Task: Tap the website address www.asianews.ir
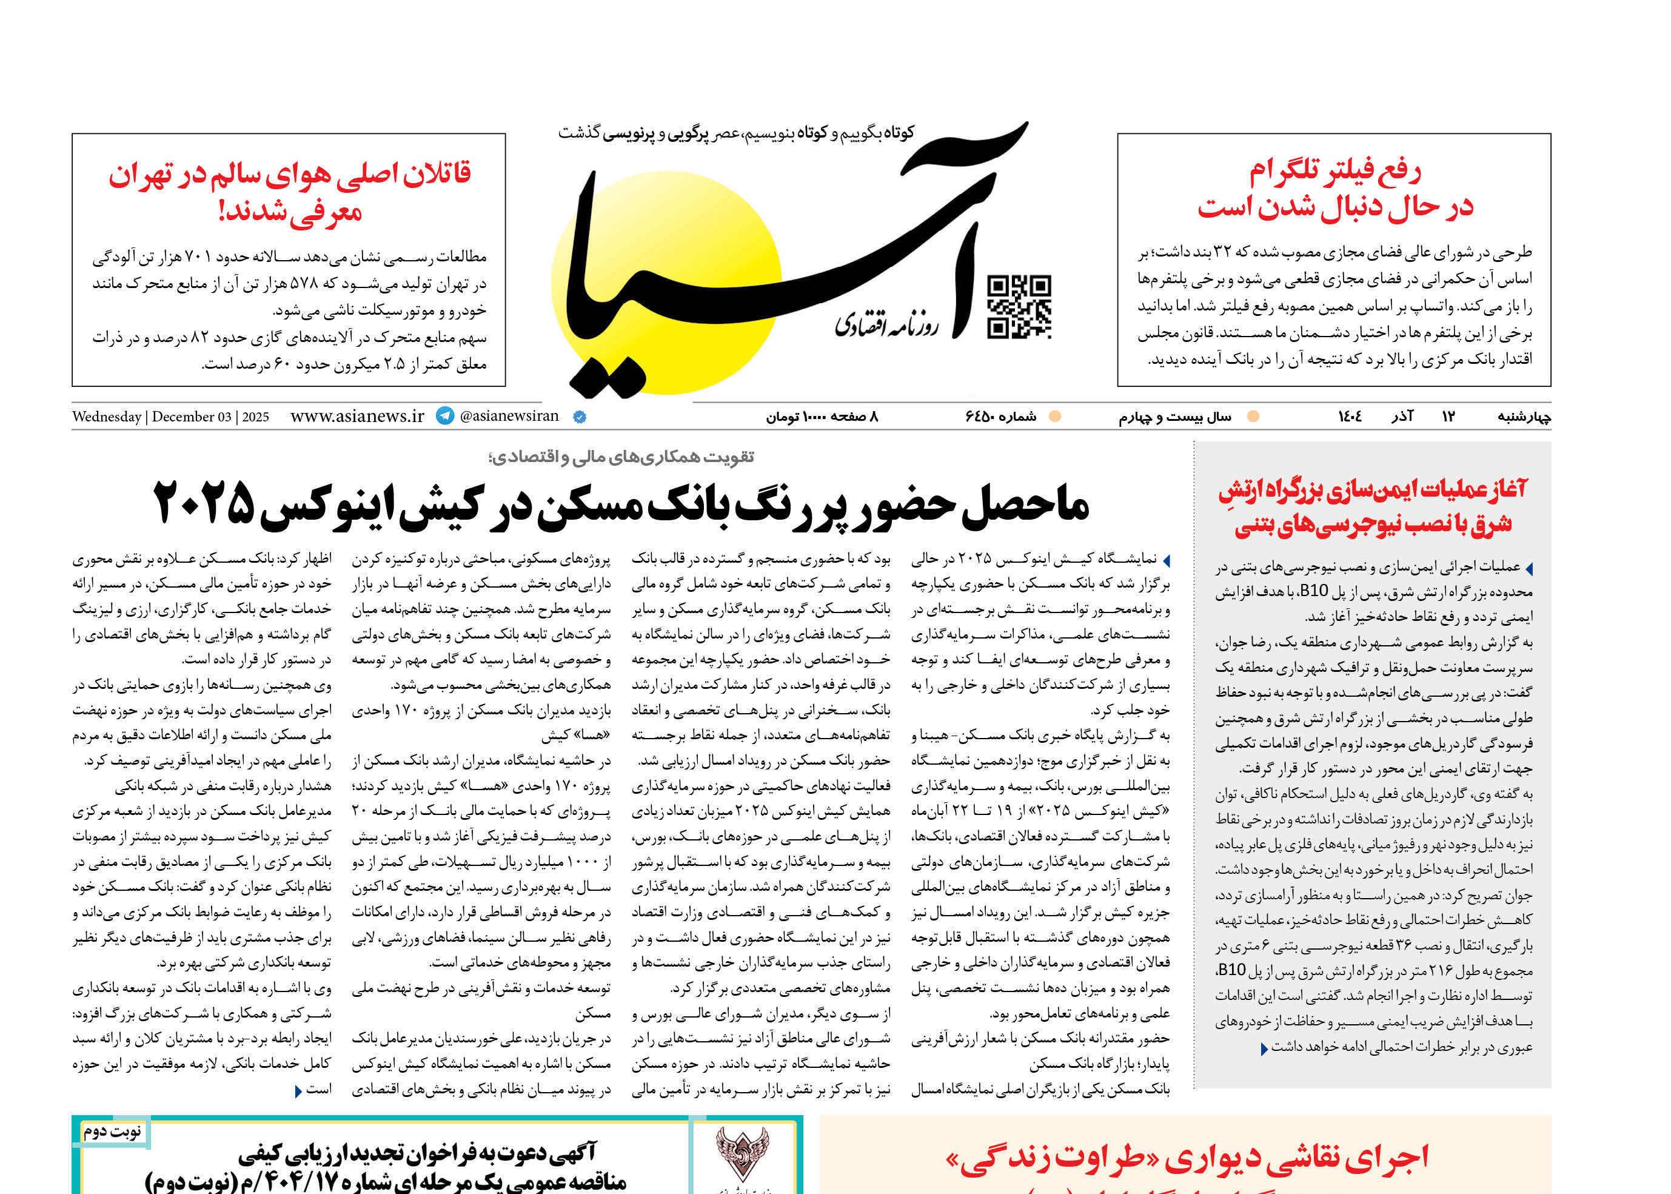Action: pyautogui.click(x=357, y=416)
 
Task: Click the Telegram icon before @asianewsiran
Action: pyautogui.click(x=445, y=415)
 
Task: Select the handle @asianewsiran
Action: pyautogui.click(x=509, y=416)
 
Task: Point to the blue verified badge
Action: pyautogui.click(x=579, y=417)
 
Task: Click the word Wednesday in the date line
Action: pyautogui.click(x=107, y=417)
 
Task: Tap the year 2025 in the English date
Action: pyautogui.click(x=256, y=417)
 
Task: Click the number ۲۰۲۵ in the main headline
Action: pyautogui.click(x=204, y=505)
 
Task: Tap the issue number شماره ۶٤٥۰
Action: pyautogui.click(x=1000, y=417)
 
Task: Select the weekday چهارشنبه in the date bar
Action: pyautogui.click(x=1524, y=417)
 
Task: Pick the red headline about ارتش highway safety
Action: pyautogui.click(x=1373, y=508)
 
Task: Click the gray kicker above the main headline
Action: pyautogui.click(x=621, y=457)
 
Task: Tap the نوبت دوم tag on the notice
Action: pyautogui.click(x=113, y=1132)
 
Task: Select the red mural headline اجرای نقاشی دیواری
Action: pyautogui.click(x=1187, y=1158)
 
